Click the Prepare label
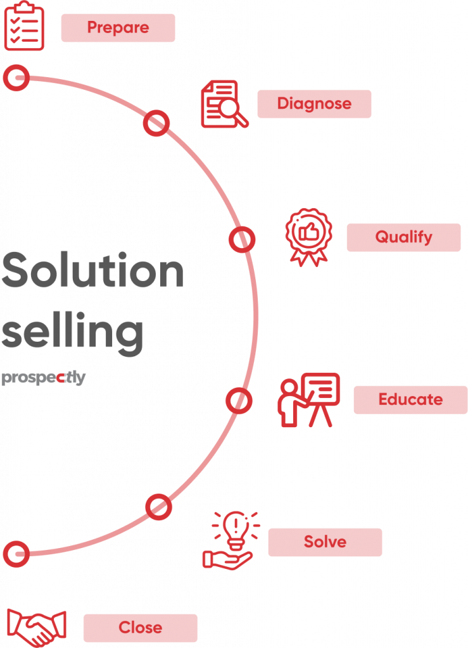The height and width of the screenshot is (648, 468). (x=118, y=28)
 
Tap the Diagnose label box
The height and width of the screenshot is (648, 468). (x=314, y=104)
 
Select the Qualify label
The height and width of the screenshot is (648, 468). (x=403, y=237)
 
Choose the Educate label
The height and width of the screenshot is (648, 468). (x=410, y=400)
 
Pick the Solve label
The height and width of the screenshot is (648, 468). (x=325, y=542)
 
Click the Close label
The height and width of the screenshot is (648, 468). (x=140, y=628)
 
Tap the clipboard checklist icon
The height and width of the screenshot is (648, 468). (x=24, y=26)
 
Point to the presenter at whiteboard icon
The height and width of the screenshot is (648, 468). (x=309, y=401)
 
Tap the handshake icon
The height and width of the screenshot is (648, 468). (x=37, y=626)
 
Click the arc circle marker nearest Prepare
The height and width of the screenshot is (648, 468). (x=16, y=78)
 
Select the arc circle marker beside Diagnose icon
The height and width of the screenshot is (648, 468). (x=156, y=123)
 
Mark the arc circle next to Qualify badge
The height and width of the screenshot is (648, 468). (x=241, y=240)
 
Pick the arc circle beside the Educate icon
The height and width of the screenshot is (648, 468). (x=239, y=401)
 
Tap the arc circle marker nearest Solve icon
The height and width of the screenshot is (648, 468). (x=158, y=507)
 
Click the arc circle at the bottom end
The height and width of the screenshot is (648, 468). (x=16, y=553)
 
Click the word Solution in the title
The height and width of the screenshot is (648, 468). (x=92, y=271)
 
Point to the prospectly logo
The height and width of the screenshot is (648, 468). (x=43, y=378)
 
